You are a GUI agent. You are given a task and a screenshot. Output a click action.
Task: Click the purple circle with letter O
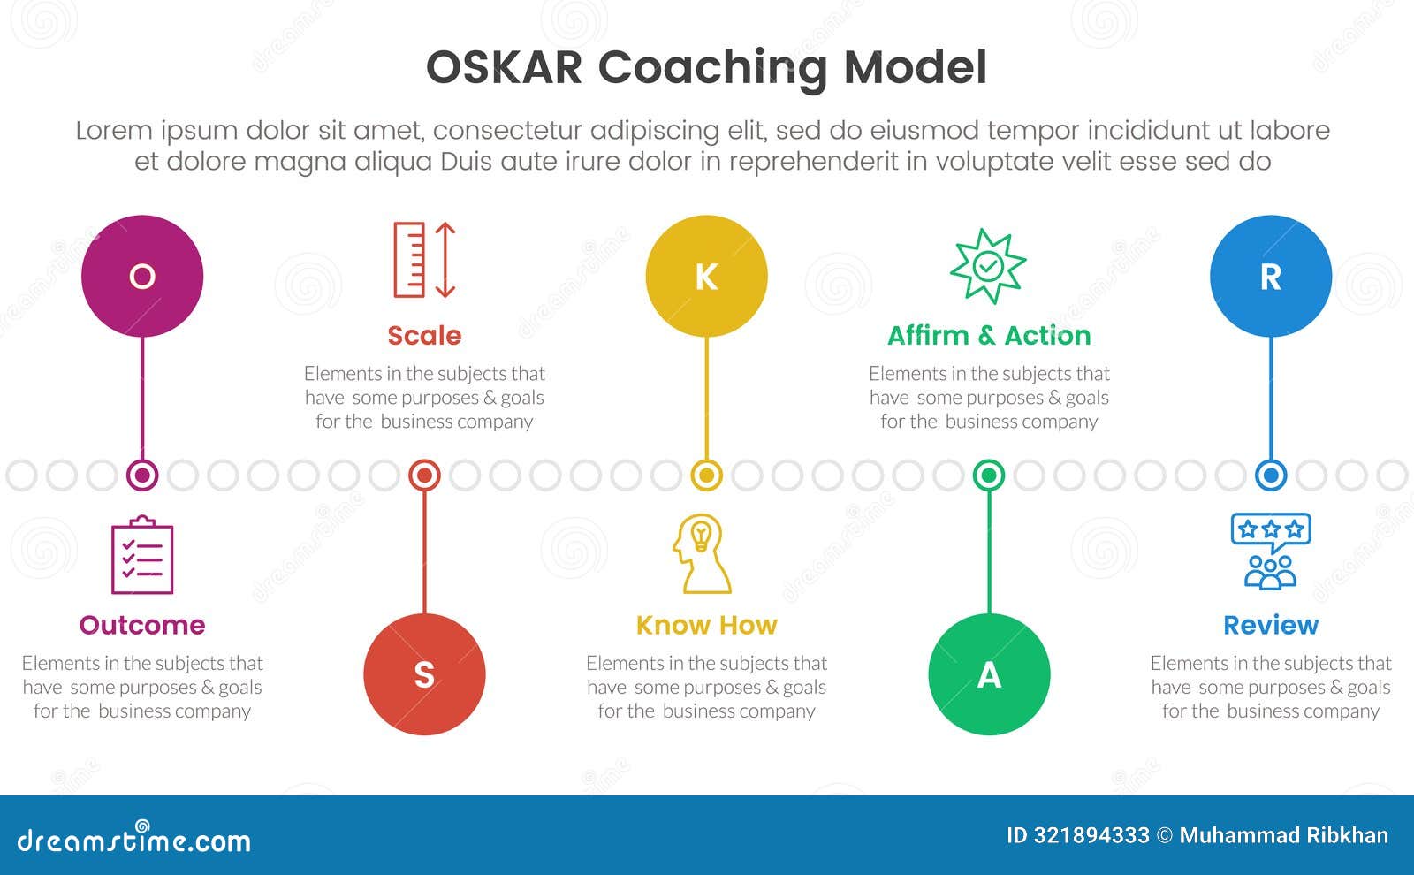point(142,276)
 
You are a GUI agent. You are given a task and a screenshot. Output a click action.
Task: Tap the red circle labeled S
point(424,674)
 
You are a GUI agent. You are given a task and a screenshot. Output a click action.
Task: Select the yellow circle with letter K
point(706,276)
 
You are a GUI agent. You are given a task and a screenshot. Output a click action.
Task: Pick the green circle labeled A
point(989,674)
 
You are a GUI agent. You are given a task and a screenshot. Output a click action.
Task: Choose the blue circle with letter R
point(1271,276)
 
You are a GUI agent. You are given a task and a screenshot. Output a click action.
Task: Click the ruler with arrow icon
point(424,260)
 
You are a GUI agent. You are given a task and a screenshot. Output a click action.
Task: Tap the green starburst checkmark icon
point(988,266)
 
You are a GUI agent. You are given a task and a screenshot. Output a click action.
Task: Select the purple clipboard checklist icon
point(142,555)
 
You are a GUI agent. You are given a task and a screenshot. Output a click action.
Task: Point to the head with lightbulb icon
point(702,553)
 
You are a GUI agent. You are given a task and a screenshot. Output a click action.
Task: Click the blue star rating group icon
point(1271,552)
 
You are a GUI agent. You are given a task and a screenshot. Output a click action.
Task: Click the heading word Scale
point(424,335)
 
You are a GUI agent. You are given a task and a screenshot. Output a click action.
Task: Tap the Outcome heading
point(142,625)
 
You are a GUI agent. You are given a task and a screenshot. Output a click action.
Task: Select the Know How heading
point(706,625)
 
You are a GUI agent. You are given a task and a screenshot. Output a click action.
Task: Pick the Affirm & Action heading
point(989,335)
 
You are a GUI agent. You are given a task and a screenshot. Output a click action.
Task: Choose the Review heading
point(1271,625)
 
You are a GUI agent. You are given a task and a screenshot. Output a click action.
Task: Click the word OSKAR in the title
point(504,67)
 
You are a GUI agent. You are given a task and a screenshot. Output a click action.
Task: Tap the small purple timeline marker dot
point(142,476)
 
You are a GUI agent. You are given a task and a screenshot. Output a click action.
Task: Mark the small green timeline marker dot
point(989,476)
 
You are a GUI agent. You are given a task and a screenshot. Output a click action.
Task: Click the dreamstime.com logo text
point(133,838)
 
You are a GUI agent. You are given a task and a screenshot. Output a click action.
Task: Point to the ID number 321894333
point(1091,835)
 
